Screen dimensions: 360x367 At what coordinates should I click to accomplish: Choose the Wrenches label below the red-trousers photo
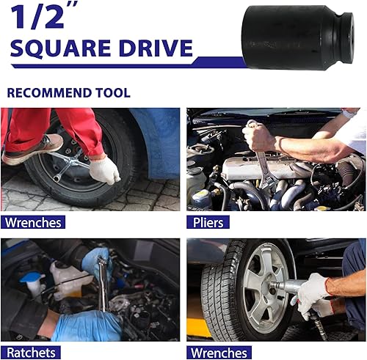pyautogui.click(x=32, y=222)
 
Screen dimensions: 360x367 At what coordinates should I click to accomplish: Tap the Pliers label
pyautogui.click(x=208, y=222)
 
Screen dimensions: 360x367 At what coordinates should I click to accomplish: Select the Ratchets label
pyautogui.click(x=30, y=353)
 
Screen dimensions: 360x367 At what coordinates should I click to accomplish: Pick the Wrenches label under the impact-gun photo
pyautogui.click(x=218, y=353)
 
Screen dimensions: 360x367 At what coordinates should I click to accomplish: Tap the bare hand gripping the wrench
pyautogui.click(x=259, y=136)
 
